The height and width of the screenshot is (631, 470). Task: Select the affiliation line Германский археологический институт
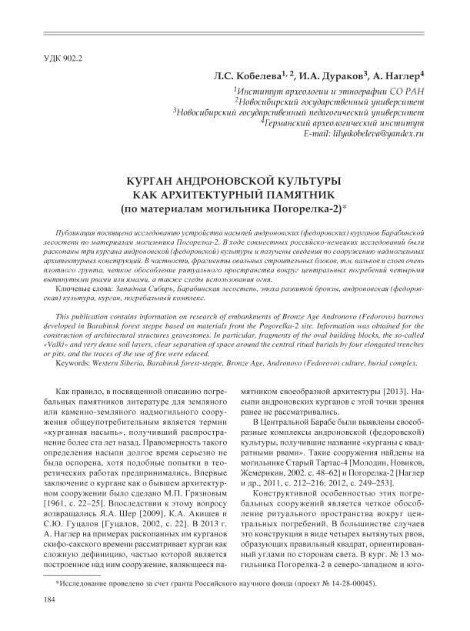pos(345,122)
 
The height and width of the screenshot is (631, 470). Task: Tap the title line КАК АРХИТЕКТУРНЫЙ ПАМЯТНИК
pos(235,194)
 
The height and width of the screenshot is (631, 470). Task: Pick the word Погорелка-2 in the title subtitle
pos(311,208)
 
